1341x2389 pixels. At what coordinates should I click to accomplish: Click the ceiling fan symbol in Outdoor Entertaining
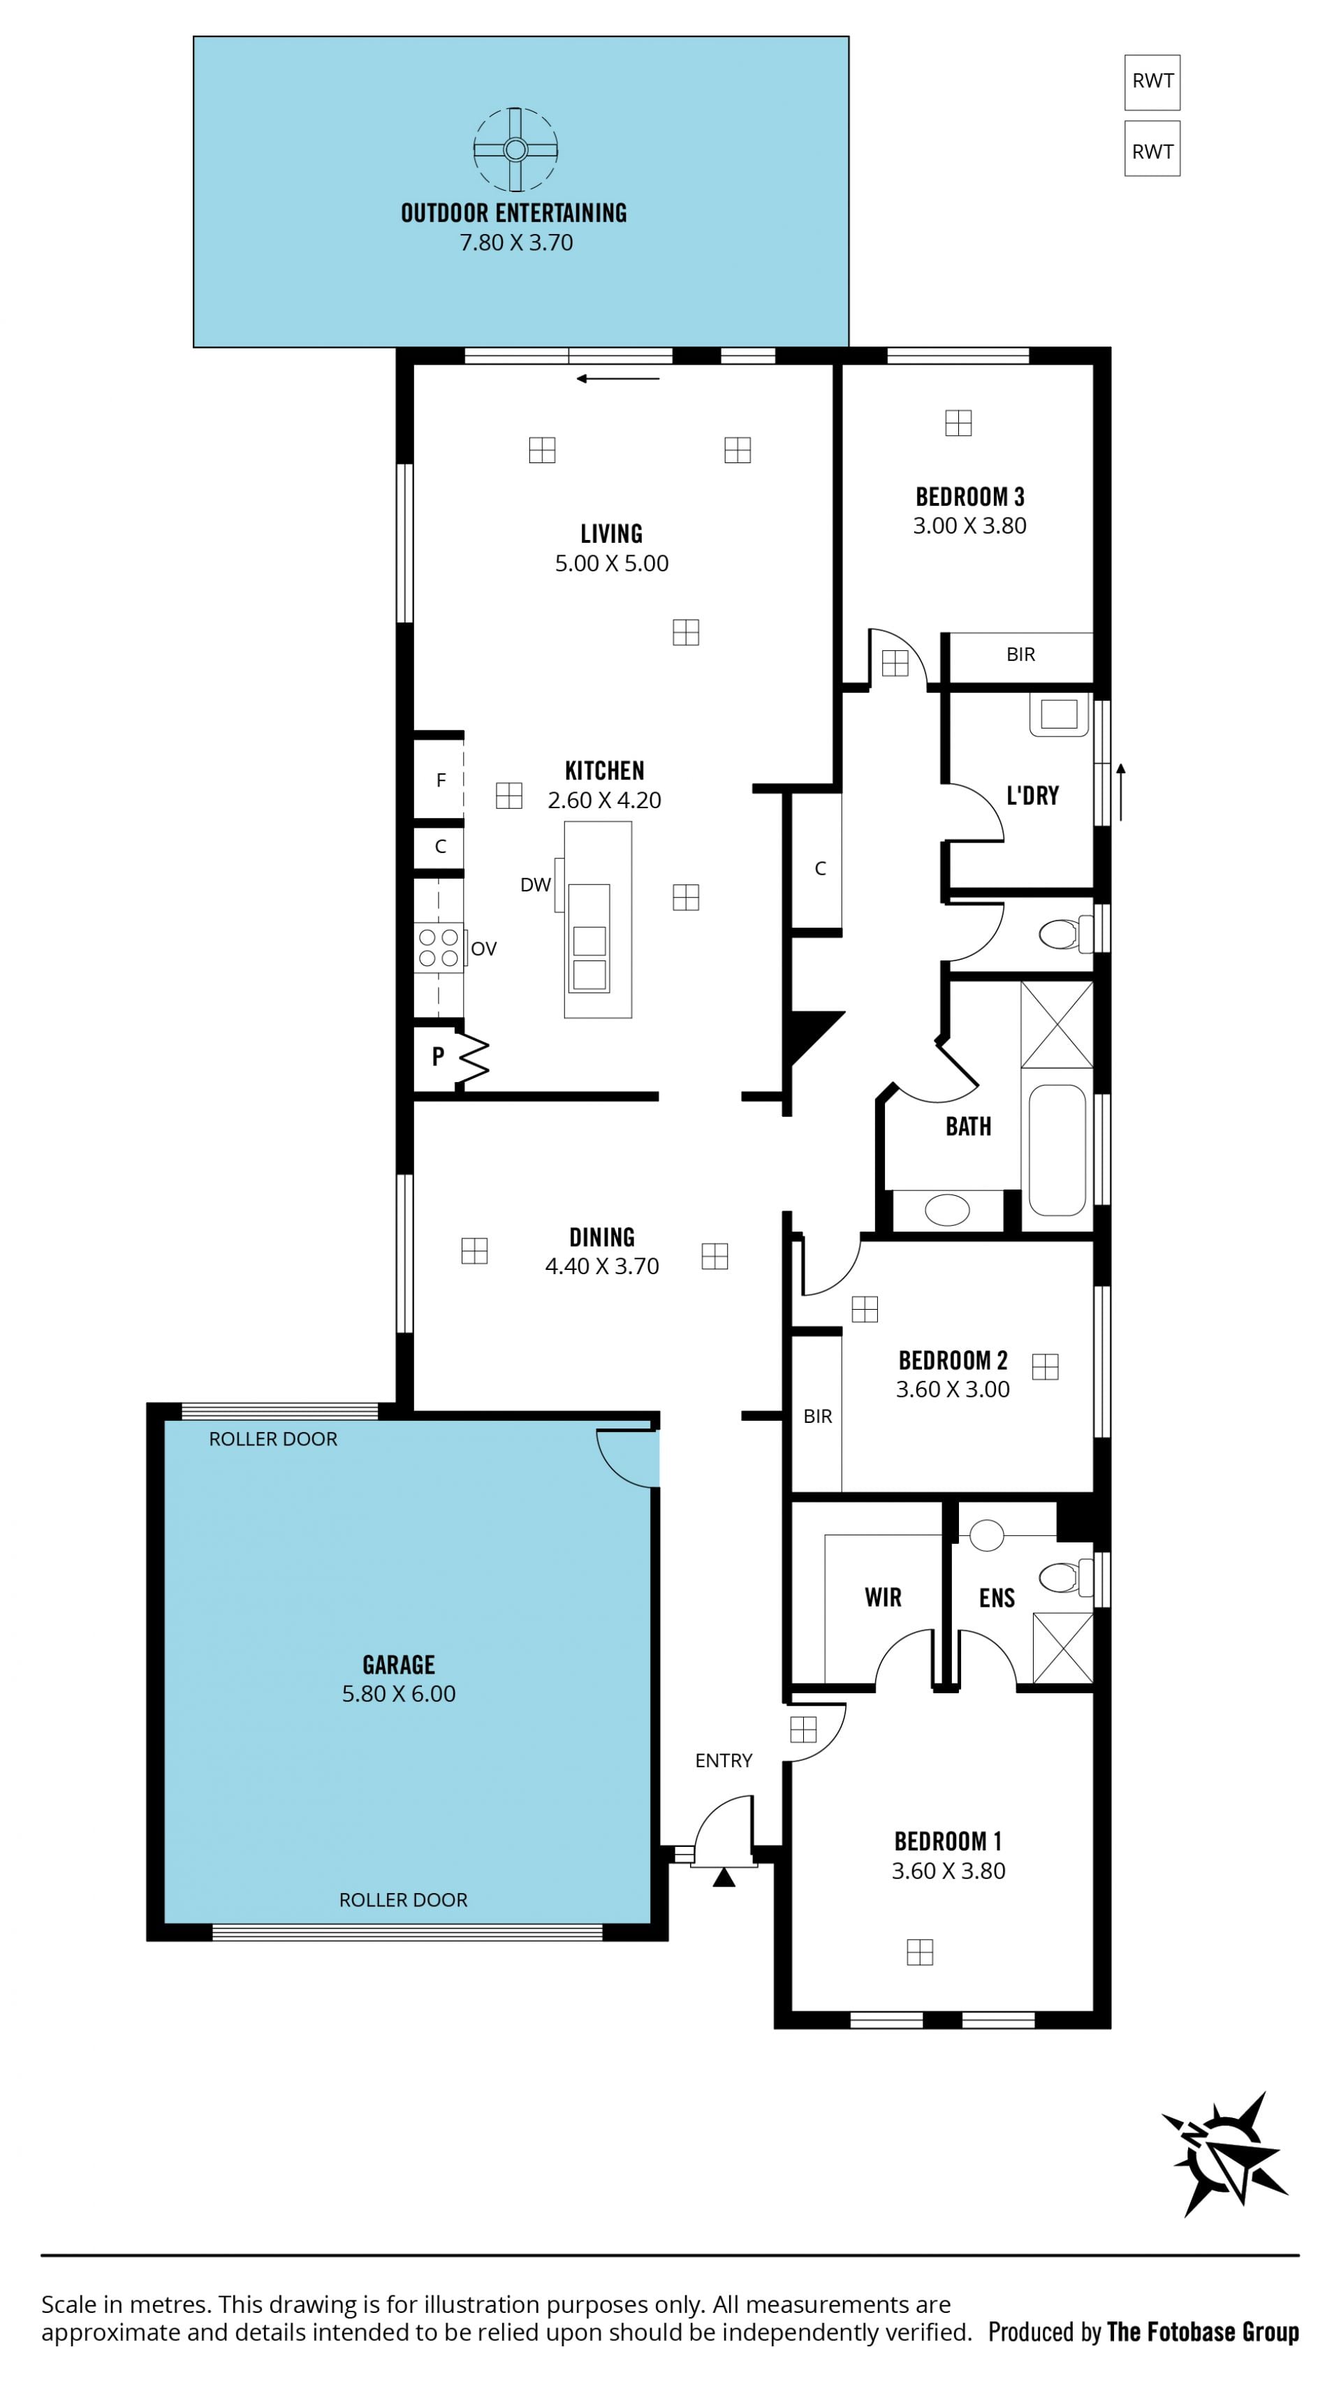pyautogui.click(x=515, y=149)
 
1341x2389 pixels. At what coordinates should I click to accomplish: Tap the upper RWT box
pyautogui.click(x=1152, y=82)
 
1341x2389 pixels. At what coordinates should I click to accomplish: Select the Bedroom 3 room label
pyautogui.click(x=970, y=497)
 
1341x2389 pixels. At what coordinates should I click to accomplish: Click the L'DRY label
pyautogui.click(x=1032, y=795)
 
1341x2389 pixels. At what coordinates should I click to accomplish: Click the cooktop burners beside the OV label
pyautogui.click(x=439, y=948)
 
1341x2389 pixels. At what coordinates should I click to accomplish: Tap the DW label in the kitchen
pyautogui.click(x=535, y=885)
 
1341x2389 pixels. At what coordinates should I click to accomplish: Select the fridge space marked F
pyautogui.click(x=439, y=780)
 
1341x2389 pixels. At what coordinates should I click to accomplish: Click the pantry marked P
pyautogui.click(x=438, y=1056)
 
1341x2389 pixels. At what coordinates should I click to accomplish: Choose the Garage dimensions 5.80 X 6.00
pyautogui.click(x=399, y=1693)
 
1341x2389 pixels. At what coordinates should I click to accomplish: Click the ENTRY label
pyautogui.click(x=724, y=1760)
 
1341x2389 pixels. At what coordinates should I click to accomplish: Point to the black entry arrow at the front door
pyautogui.click(x=724, y=1877)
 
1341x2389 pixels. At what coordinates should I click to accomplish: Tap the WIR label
pyautogui.click(x=883, y=1597)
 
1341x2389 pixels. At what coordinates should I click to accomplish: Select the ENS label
pyautogui.click(x=997, y=1598)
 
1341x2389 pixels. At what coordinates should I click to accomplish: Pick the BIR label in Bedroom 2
pyautogui.click(x=817, y=1416)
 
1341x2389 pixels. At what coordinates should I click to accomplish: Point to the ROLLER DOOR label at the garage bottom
pyautogui.click(x=404, y=1899)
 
